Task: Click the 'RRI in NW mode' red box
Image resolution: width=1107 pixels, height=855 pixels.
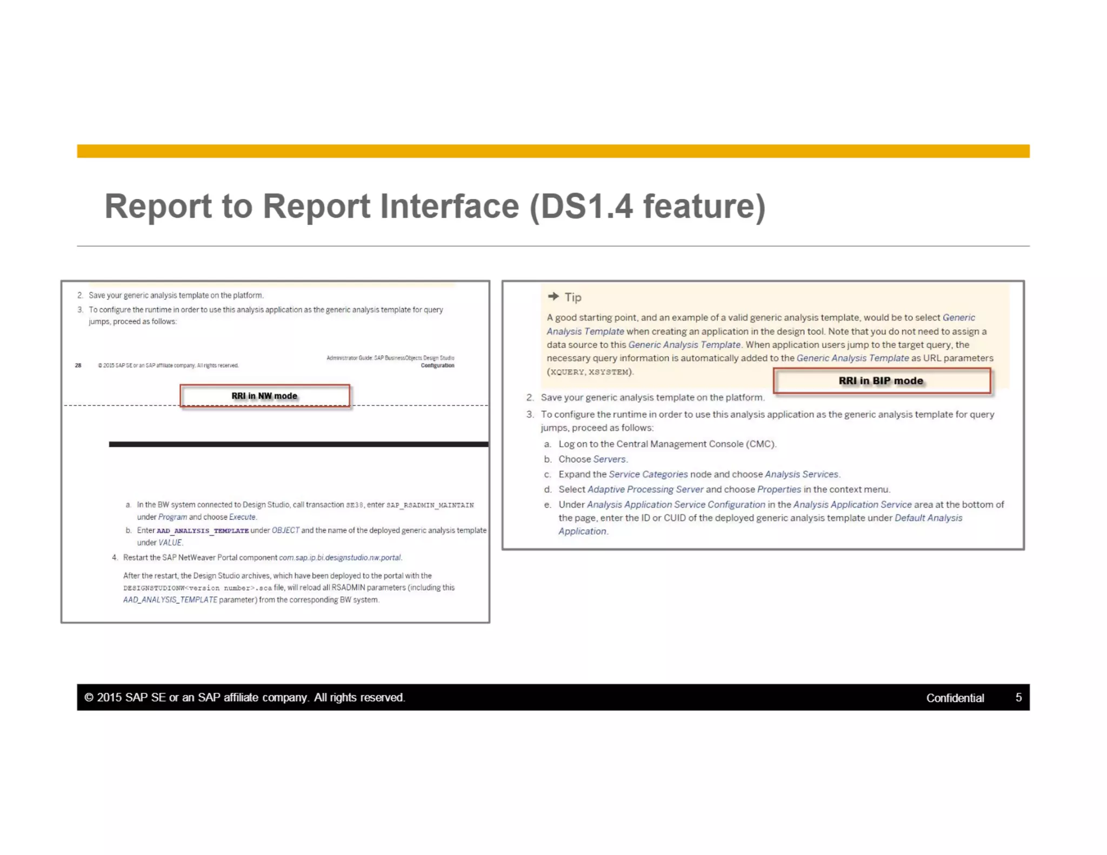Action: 264,396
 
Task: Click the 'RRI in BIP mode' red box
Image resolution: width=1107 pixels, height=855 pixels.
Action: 881,381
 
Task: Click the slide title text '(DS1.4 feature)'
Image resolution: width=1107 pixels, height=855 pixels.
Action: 648,206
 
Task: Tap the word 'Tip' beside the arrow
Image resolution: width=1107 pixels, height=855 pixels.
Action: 573,297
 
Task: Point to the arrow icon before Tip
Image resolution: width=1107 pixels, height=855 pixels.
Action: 553,296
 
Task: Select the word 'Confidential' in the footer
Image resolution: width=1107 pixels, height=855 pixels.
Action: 955,698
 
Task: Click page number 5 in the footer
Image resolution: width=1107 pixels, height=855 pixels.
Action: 1018,698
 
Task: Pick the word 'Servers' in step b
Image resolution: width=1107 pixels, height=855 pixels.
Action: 609,459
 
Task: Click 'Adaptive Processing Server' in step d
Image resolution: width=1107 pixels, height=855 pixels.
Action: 645,490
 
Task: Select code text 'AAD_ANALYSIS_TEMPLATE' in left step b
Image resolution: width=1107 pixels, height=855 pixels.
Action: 203,531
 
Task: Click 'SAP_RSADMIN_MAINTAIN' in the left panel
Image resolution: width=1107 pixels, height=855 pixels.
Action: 430,505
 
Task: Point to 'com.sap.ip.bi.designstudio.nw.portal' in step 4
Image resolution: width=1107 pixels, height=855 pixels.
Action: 340,558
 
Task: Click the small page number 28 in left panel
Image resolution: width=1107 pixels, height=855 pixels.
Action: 78,365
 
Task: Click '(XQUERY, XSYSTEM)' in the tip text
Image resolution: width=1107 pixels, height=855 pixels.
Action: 590,372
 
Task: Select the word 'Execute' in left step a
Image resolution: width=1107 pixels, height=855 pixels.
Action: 242,517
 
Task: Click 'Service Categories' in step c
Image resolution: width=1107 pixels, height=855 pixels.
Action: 648,475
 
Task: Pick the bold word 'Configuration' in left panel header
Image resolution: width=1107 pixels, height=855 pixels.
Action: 437,365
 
